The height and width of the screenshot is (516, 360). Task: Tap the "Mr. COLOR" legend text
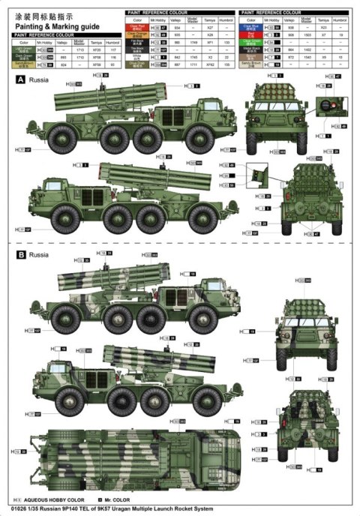click(113, 499)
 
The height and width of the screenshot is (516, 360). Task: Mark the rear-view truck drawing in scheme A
click(306, 195)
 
